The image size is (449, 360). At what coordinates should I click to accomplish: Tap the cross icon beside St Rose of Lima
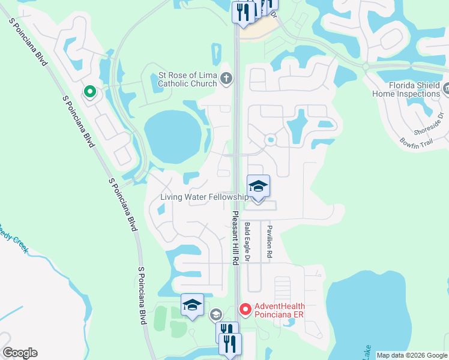(x=226, y=77)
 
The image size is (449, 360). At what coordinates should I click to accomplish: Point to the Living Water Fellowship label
(x=204, y=197)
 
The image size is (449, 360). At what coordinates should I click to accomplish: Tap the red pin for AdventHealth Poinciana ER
(x=245, y=310)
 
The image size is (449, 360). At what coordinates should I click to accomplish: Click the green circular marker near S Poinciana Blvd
(x=89, y=92)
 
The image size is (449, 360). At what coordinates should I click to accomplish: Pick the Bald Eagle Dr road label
(x=247, y=242)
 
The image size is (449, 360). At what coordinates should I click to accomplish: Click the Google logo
(x=20, y=353)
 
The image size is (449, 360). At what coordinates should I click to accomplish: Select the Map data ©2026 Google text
(x=411, y=355)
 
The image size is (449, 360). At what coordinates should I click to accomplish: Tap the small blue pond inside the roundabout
(x=270, y=140)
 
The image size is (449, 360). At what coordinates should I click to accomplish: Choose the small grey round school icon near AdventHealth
(x=215, y=314)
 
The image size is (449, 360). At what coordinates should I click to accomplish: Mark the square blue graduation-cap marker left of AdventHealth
(x=192, y=305)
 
